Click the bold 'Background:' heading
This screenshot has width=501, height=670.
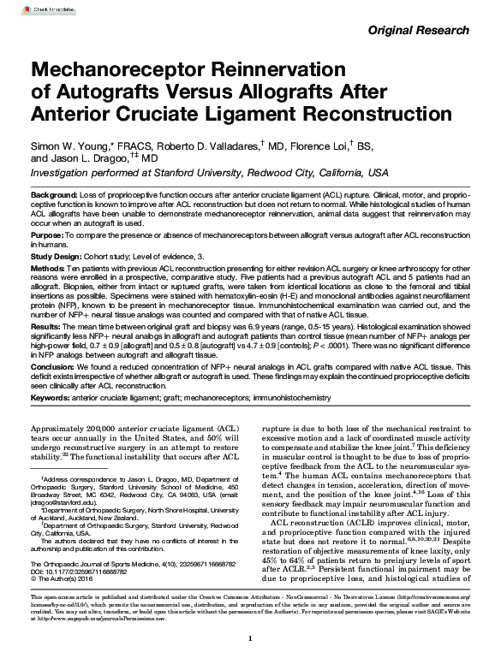coord(53,195)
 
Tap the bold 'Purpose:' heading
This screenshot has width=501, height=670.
coord(47,234)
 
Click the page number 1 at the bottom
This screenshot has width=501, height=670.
coord(249,662)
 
